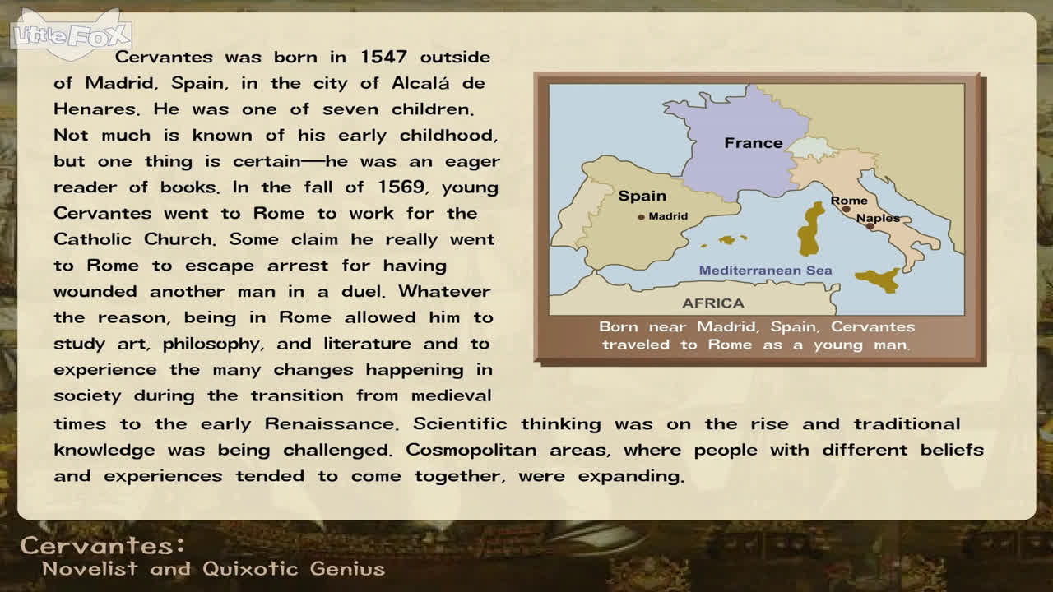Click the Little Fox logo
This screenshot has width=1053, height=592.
pos(71,35)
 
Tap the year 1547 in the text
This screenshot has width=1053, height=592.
pos(383,57)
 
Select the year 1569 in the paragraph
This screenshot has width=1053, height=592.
pos(401,187)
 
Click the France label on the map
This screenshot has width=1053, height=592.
pos(753,143)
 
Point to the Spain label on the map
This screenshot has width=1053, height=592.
pos(642,196)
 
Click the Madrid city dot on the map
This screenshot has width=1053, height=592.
pos(641,217)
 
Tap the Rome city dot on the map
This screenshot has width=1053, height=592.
pos(847,209)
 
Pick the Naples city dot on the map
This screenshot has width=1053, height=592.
pos(870,226)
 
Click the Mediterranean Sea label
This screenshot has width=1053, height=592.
pos(765,271)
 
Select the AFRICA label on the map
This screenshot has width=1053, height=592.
pos(713,303)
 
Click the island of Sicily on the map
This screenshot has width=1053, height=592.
pos(878,280)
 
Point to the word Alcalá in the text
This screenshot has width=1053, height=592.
pos(420,83)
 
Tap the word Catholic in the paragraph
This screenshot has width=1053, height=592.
pos(92,239)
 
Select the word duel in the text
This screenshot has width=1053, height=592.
pos(364,291)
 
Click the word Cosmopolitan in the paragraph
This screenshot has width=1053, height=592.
pos(471,451)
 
